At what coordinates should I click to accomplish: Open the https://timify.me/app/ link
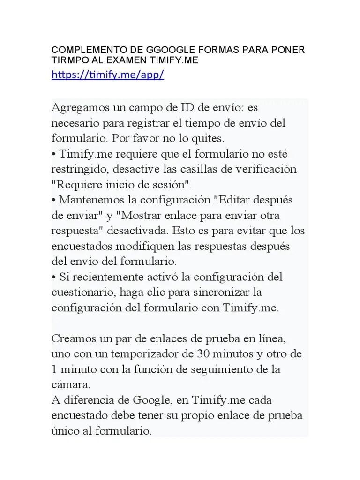(107, 75)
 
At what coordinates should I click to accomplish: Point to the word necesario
(73, 124)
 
